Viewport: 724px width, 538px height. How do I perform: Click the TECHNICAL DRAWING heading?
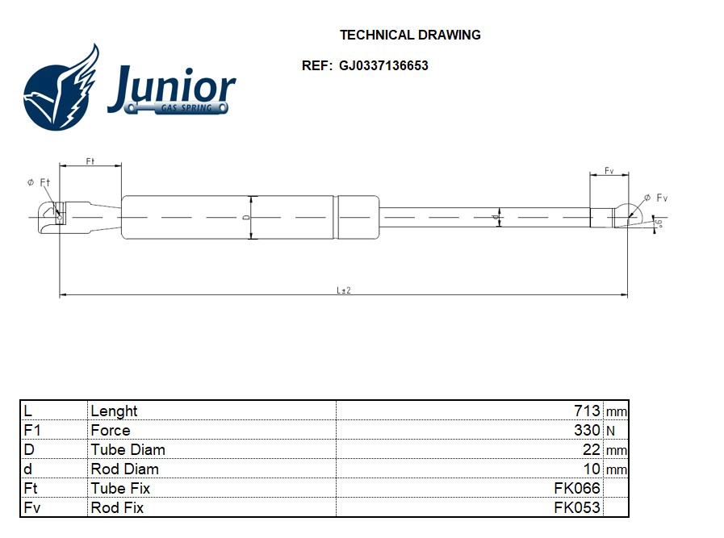410,35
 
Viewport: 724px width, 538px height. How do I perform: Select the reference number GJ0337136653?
383,66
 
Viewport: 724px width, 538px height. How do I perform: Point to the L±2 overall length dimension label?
343,290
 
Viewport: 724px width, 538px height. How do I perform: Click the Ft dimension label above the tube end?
90,161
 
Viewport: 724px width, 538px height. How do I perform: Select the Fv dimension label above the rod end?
609,171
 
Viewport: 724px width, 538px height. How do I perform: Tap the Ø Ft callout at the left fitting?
39,183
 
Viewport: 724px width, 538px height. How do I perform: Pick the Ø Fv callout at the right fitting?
655,198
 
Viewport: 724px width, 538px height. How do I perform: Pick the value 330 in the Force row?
587,430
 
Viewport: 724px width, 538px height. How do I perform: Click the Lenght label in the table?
114,411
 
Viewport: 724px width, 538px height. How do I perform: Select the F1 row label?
32,430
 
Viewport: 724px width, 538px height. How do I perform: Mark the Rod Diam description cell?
124,469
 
